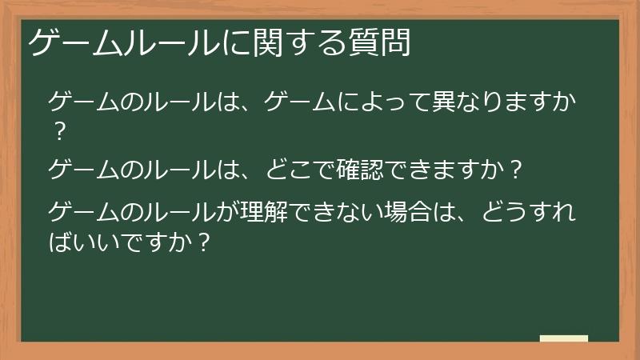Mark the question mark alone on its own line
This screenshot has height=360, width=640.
[58, 129]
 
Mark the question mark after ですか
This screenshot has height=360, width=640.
[202, 241]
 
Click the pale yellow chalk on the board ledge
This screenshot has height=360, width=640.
[564, 338]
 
